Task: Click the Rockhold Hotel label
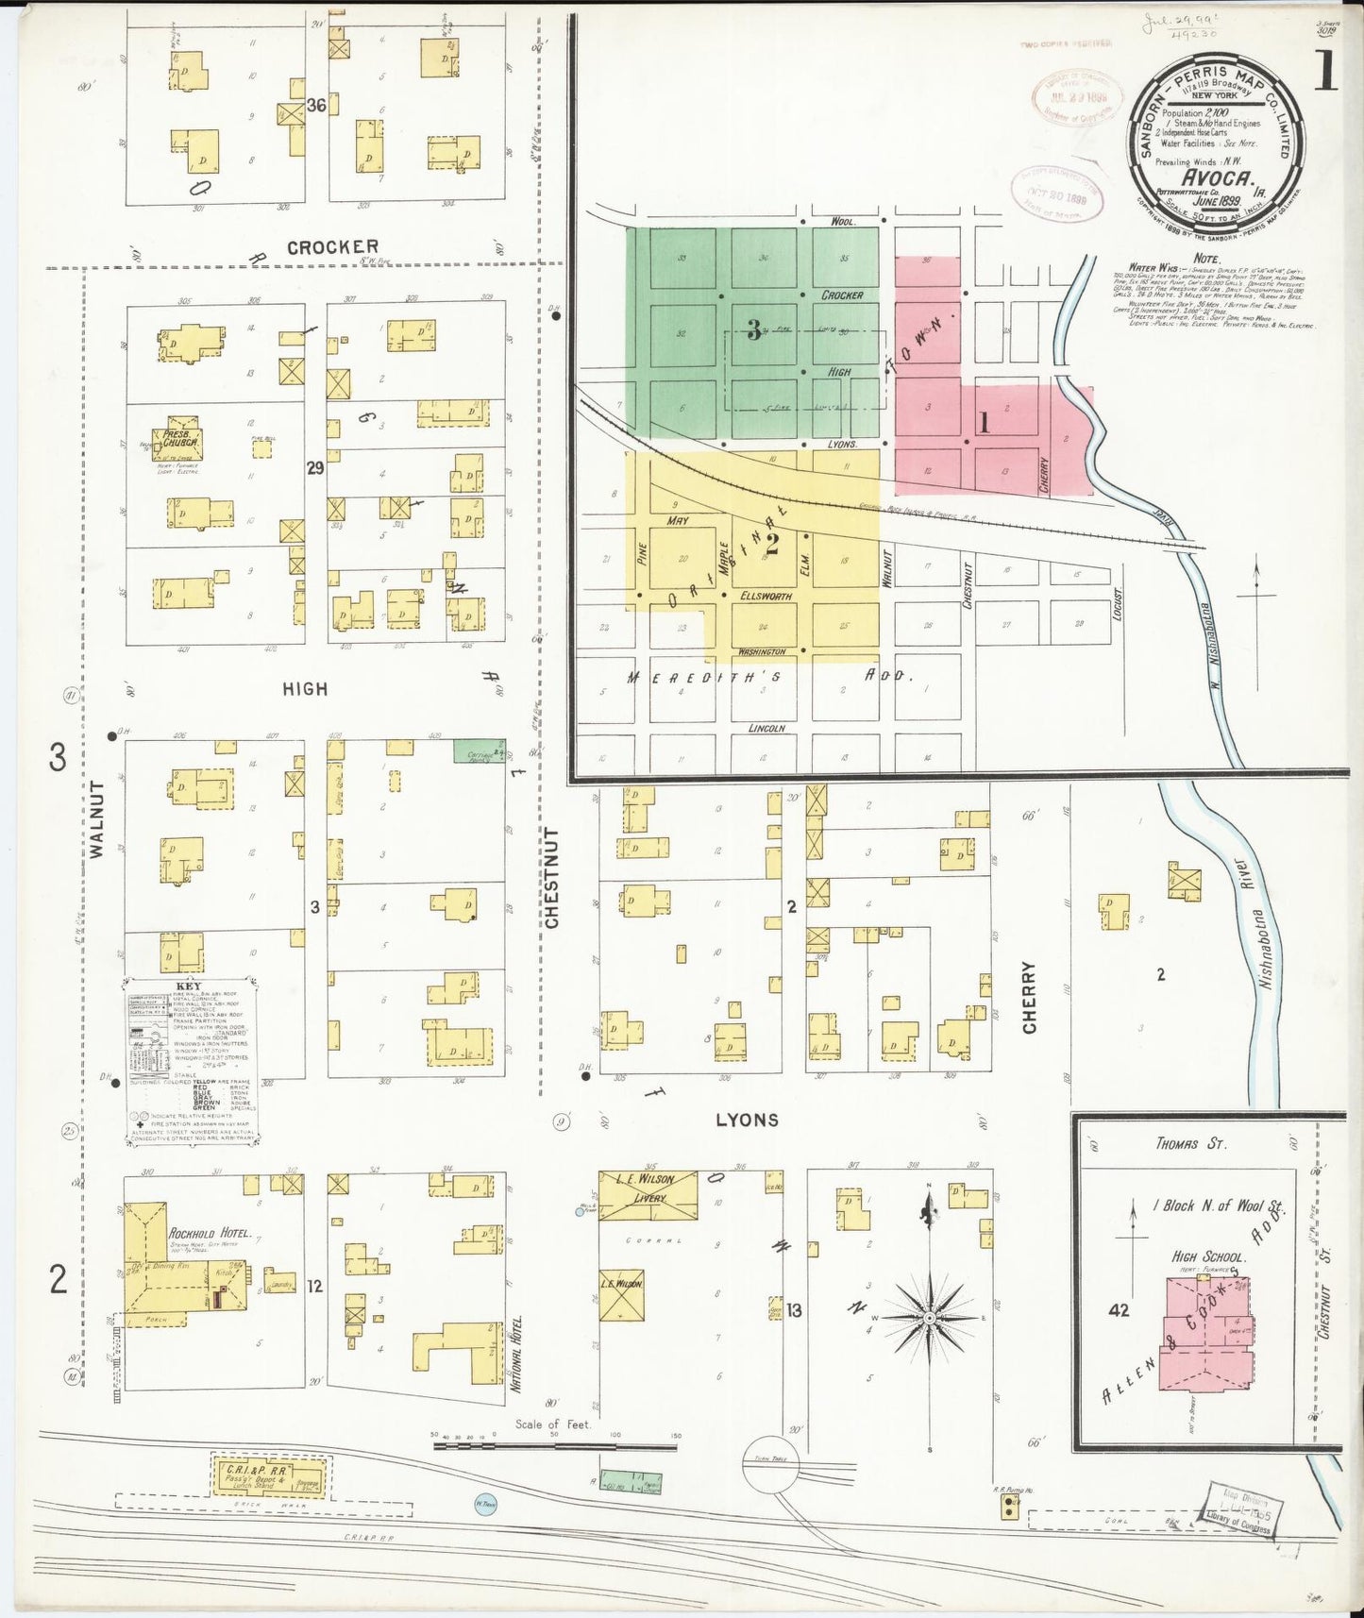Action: pyautogui.click(x=210, y=1233)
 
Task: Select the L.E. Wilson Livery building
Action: pyautogui.click(x=648, y=1193)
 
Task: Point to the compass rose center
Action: pyautogui.click(x=929, y=1317)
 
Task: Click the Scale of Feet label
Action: pyautogui.click(x=552, y=1424)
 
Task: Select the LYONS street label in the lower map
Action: pyautogui.click(x=747, y=1120)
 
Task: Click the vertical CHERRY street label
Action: pyautogui.click(x=1029, y=997)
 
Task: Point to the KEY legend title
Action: pyautogui.click(x=188, y=987)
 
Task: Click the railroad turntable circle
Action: pyautogui.click(x=770, y=1464)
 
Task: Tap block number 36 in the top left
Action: pyautogui.click(x=316, y=106)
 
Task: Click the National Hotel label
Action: pyautogui.click(x=516, y=1354)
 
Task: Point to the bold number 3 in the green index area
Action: pyautogui.click(x=753, y=329)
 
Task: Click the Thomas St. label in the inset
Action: pyautogui.click(x=1190, y=1143)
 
